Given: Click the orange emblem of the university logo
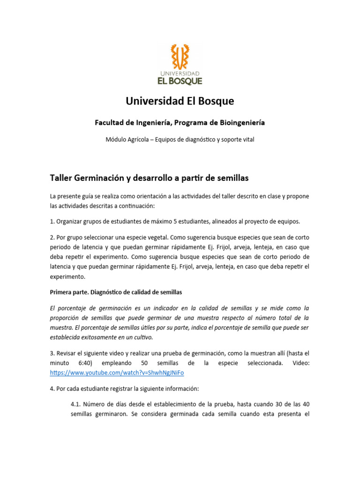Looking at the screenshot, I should point(180,57).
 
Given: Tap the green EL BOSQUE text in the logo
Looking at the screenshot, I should point(180,81).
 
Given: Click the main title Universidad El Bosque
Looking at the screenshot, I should point(180,101).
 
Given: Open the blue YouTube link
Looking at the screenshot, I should point(117,373).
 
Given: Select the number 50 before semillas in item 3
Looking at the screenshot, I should point(144,363).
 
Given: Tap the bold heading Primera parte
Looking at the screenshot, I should point(70,292).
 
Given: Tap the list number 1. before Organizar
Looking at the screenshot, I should point(52,221).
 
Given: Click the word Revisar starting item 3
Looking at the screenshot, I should point(69,353).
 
